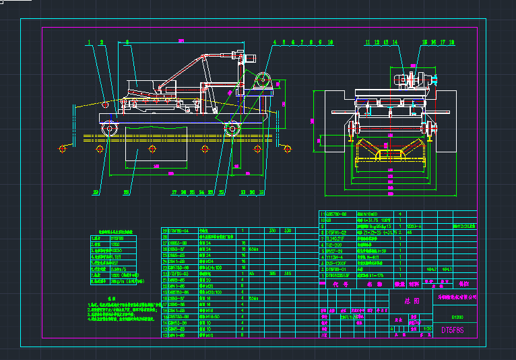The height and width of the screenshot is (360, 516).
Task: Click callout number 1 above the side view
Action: tap(88, 42)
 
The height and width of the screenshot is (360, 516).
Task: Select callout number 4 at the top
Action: tap(276, 42)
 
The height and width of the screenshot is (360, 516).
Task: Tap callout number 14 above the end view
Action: tap(395, 42)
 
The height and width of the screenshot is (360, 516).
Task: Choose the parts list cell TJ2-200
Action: tap(335, 244)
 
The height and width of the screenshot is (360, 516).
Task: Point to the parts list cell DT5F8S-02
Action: tap(337, 232)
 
